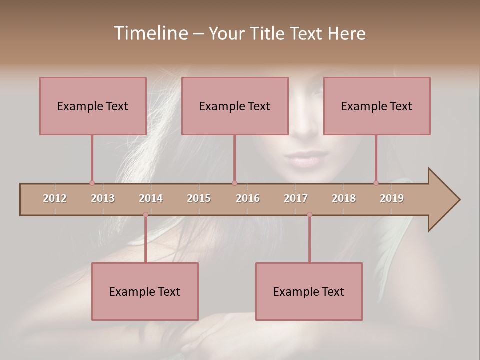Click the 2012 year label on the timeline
pyautogui.click(x=55, y=198)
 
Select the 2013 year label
pyautogui.click(x=103, y=198)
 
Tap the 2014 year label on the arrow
pyautogui.click(x=151, y=198)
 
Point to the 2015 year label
pyautogui.click(x=199, y=198)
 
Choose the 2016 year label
pyautogui.click(x=248, y=198)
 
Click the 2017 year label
pyautogui.click(x=296, y=198)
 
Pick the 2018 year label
pyautogui.click(x=344, y=198)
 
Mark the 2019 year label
pyautogui.click(x=392, y=198)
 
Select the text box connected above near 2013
pyautogui.click(x=93, y=106)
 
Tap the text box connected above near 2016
pyautogui.click(x=235, y=106)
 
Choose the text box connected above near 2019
pyautogui.click(x=377, y=106)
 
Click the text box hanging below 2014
pyautogui.click(x=145, y=291)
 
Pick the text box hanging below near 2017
pyautogui.click(x=309, y=291)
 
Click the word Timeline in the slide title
pyautogui.click(x=150, y=33)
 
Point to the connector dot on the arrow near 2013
pyautogui.click(x=92, y=183)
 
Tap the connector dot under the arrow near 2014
pyautogui.click(x=145, y=214)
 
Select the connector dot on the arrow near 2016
pyautogui.click(x=234, y=183)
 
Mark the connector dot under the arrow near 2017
pyautogui.click(x=309, y=214)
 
